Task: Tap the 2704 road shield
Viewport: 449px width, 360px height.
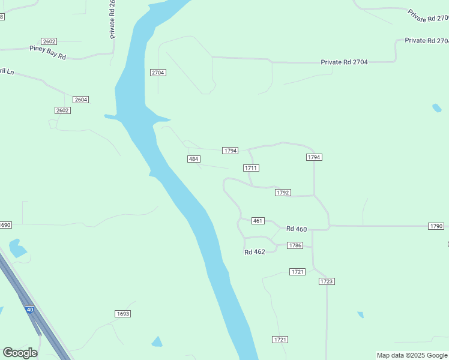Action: point(158,73)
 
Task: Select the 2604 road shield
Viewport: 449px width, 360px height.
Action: point(81,100)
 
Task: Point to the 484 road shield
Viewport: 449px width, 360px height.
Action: point(193,158)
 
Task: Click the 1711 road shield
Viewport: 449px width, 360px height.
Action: point(251,168)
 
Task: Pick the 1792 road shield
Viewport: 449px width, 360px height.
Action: point(283,193)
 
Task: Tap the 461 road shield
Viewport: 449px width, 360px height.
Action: point(258,221)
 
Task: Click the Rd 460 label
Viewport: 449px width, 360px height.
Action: point(297,229)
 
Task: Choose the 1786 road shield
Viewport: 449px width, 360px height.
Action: point(295,245)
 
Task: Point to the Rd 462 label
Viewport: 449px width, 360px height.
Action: point(255,252)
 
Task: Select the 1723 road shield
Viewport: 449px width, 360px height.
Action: point(327,281)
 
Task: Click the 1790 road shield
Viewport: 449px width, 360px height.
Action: point(436,226)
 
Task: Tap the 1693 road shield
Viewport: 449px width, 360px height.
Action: point(123,314)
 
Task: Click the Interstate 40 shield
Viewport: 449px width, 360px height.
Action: point(30,310)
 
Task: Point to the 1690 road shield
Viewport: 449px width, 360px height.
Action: point(5,225)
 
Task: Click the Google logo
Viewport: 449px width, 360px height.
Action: point(20,353)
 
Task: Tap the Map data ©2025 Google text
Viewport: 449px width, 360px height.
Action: point(412,355)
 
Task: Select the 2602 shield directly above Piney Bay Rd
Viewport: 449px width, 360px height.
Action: point(49,41)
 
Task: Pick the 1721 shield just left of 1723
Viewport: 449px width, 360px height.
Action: point(297,272)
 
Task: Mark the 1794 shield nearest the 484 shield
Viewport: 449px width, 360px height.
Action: point(231,150)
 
